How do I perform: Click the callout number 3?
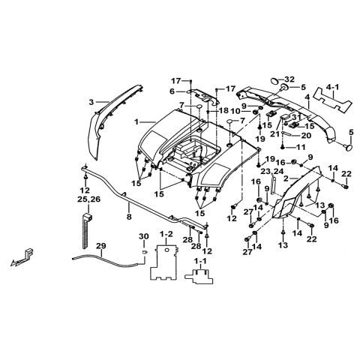point(91,101)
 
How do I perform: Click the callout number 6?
point(171,92)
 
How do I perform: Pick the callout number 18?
point(224,111)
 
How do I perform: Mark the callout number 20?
point(285,136)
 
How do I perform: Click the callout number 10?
point(245,112)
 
